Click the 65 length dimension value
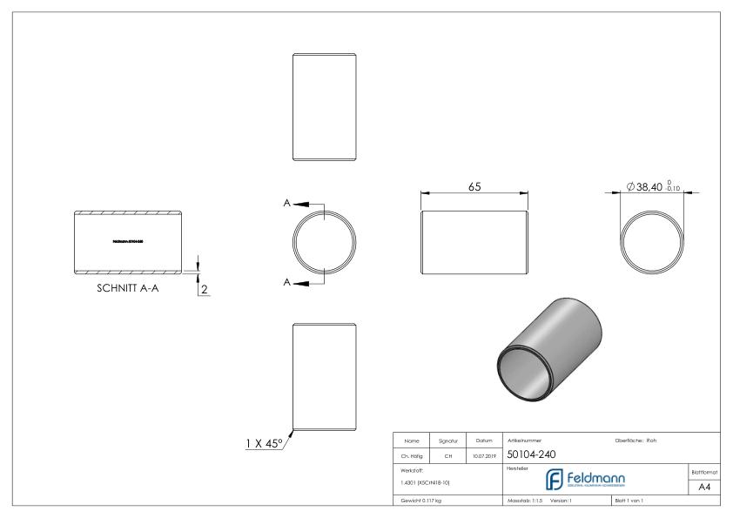point(474,186)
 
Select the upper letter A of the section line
point(287,203)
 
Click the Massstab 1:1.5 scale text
point(525,501)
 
